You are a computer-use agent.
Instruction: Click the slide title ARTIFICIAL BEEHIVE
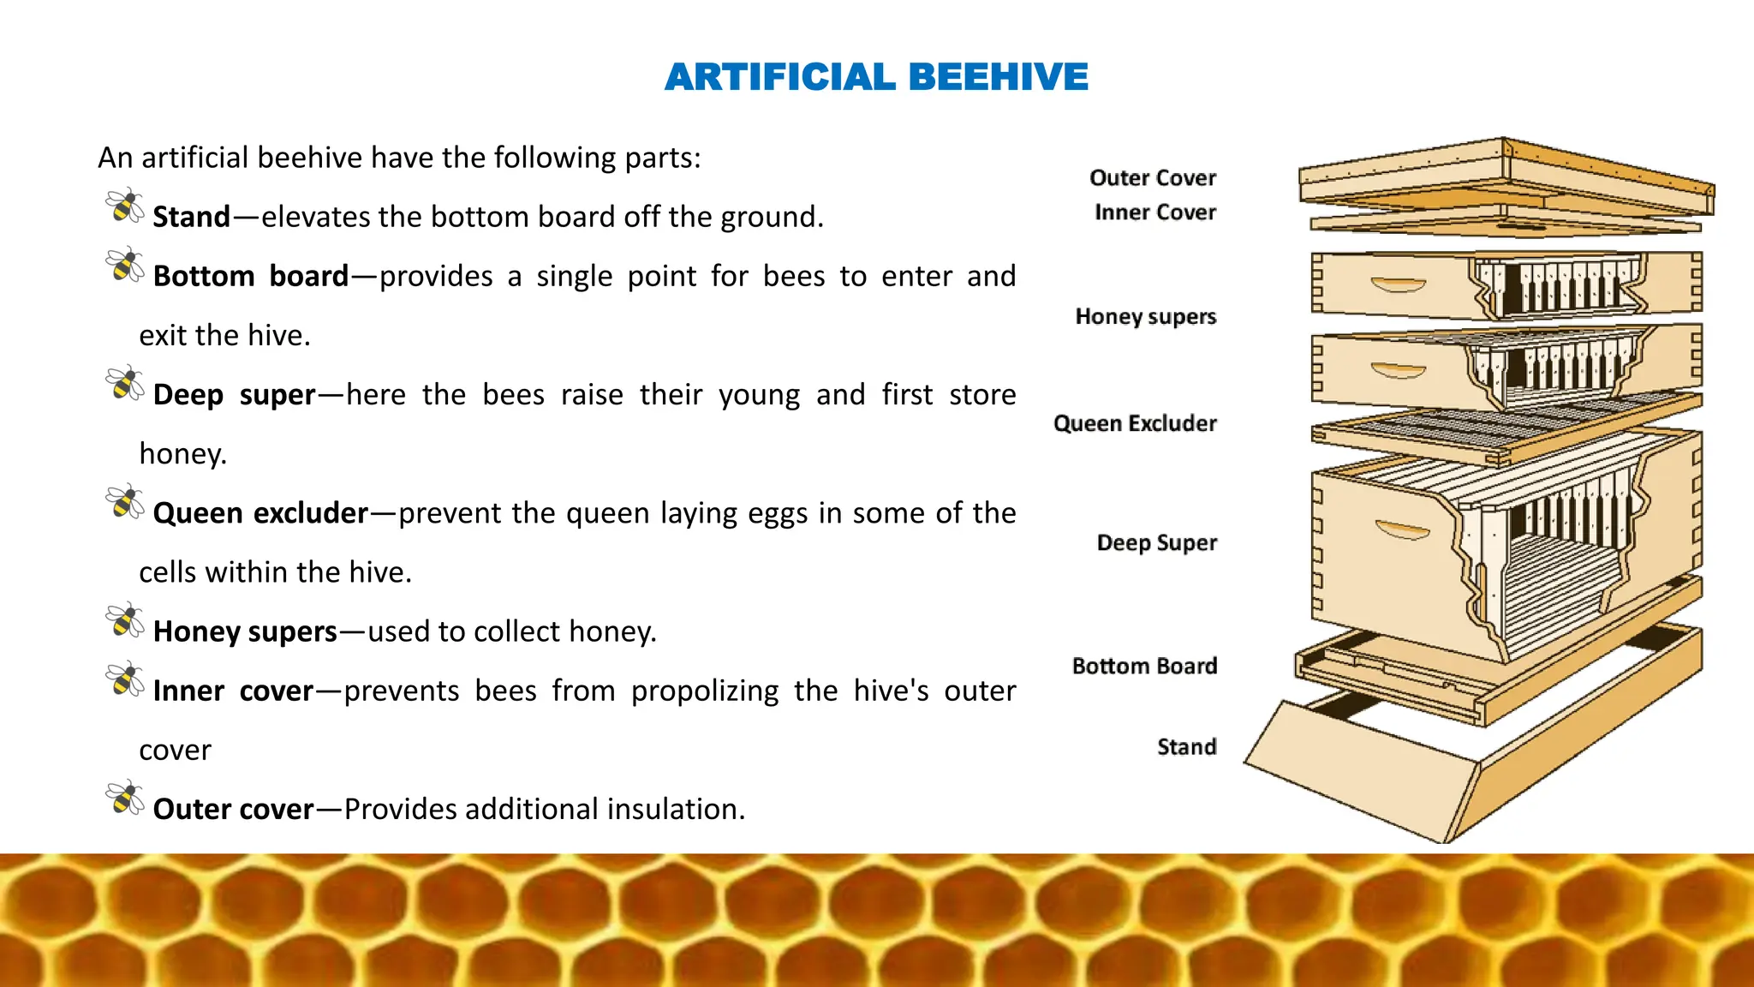point(876,77)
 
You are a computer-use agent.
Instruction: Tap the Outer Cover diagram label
point(1152,178)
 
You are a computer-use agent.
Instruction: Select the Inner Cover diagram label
point(1154,212)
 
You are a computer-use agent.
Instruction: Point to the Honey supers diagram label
point(1145,317)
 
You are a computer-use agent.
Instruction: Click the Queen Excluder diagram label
point(1135,423)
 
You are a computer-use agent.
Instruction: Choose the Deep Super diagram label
point(1156,543)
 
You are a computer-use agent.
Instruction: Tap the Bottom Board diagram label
point(1144,667)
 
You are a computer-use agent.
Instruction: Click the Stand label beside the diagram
point(1186,747)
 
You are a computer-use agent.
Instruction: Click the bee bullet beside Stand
point(125,206)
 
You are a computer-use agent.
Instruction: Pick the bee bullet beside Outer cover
point(125,799)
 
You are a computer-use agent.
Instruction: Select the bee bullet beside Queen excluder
point(125,502)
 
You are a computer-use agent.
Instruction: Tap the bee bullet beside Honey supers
point(125,620)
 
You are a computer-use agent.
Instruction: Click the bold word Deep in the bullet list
point(188,395)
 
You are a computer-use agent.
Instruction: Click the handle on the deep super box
point(1402,531)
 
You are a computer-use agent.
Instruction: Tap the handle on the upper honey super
point(1398,284)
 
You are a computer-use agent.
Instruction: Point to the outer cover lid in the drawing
point(1507,176)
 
